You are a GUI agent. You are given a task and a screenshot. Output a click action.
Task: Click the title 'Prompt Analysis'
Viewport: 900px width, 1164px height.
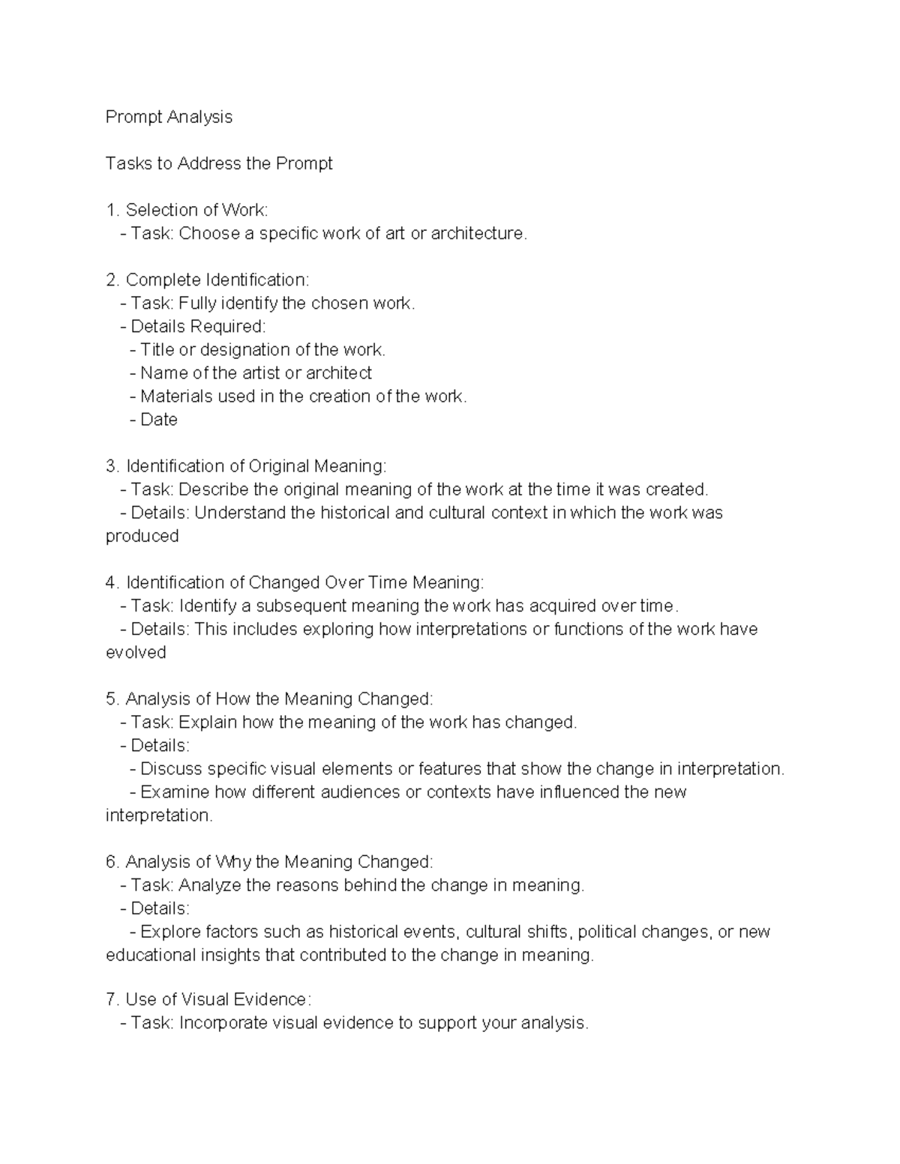pyautogui.click(x=169, y=117)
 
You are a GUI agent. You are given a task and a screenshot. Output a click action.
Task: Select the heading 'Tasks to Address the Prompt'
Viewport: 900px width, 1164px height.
pyautogui.click(x=219, y=163)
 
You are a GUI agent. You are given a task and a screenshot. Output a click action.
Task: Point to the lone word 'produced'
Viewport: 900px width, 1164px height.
pyautogui.click(x=142, y=536)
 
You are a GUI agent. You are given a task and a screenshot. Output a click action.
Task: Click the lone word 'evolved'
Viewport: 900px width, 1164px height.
pyautogui.click(x=136, y=652)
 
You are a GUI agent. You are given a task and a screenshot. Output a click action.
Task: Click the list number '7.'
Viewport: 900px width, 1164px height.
pyautogui.click(x=112, y=999)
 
